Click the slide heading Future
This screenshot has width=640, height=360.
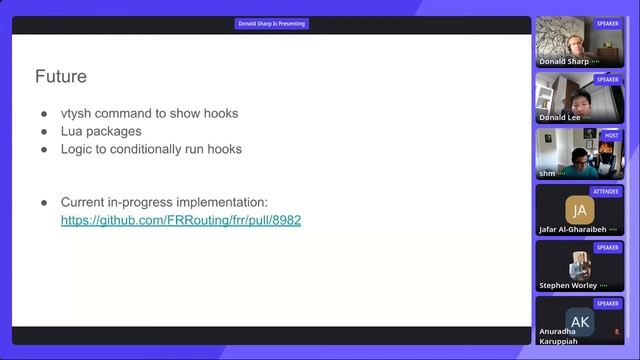click(61, 76)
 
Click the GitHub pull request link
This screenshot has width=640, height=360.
click(181, 220)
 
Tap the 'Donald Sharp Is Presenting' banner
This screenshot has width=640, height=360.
click(272, 23)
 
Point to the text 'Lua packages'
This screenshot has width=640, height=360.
click(101, 131)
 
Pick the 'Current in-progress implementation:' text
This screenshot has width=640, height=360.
click(164, 202)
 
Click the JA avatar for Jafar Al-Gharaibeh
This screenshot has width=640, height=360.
click(579, 210)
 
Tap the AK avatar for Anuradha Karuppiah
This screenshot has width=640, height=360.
click(579, 321)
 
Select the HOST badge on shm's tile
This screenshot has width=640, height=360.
click(611, 135)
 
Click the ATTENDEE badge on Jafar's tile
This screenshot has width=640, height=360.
click(606, 191)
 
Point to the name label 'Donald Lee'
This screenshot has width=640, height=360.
click(560, 117)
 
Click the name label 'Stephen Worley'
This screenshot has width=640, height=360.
click(568, 285)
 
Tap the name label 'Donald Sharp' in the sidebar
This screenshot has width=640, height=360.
click(564, 61)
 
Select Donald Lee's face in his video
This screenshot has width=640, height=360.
click(580, 99)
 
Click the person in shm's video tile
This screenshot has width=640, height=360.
click(580, 158)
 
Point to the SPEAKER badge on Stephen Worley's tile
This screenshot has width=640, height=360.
click(607, 247)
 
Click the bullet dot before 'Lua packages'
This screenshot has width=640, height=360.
click(44, 131)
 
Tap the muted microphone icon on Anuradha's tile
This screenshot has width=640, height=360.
click(616, 331)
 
